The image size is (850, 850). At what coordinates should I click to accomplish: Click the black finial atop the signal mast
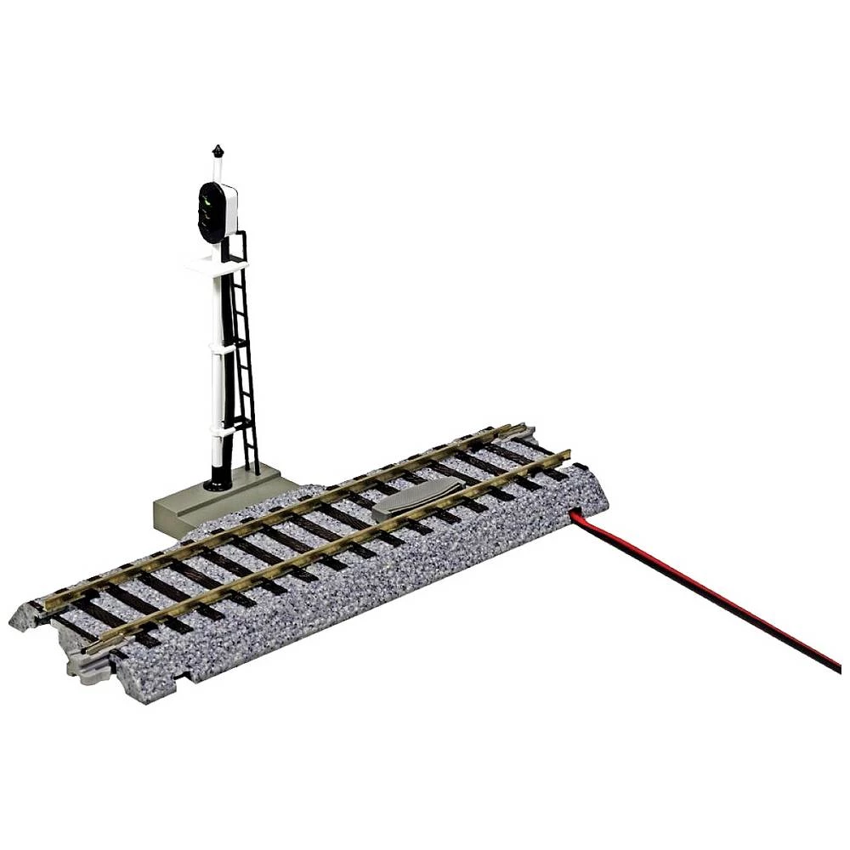pos(218,151)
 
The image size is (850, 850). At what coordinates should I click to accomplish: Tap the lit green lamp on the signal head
pos(206,201)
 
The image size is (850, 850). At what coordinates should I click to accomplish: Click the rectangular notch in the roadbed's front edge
pos(183,675)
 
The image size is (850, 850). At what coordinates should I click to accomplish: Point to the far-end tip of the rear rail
pos(507,428)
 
